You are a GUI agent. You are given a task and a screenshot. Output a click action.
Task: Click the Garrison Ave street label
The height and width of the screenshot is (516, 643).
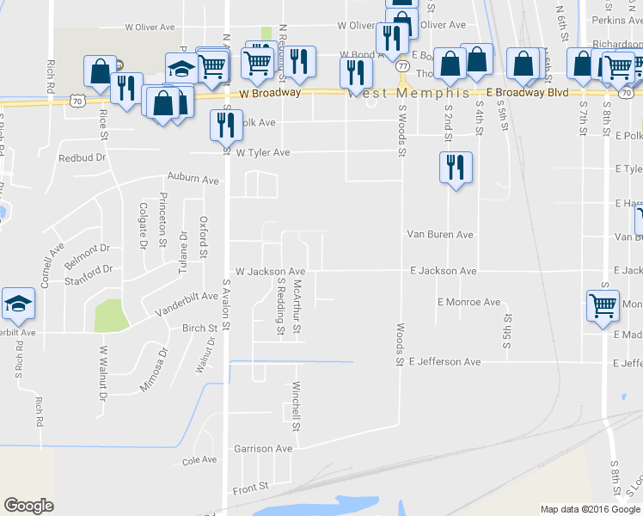(263, 449)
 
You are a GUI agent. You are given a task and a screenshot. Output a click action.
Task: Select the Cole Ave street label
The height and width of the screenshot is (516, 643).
(199, 460)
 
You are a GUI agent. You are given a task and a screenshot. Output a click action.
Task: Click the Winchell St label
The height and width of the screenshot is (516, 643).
(296, 406)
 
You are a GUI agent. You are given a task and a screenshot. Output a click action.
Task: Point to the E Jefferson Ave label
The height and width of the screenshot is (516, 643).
(444, 362)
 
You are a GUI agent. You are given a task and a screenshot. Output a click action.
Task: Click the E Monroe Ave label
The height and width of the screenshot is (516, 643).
(468, 303)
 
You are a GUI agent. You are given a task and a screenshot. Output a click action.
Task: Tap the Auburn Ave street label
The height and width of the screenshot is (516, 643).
(193, 181)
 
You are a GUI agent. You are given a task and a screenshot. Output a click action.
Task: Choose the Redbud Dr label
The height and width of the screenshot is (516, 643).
(82, 158)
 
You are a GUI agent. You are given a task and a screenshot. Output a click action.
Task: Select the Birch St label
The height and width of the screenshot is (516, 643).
(199, 329)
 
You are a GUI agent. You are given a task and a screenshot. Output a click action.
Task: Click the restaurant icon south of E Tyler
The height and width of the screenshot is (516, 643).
(455, 168)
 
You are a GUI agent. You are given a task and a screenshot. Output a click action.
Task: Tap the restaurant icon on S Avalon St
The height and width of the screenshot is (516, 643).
(224, 124)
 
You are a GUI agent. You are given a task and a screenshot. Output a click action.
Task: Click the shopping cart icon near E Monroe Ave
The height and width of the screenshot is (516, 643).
(603, 305)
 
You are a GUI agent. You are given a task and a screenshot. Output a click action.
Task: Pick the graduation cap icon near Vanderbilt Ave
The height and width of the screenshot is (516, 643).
(17, 302)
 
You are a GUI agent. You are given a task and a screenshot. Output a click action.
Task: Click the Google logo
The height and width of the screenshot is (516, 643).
(28, 506)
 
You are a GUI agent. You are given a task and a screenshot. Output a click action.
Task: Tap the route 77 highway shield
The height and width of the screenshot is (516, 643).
(402, 66)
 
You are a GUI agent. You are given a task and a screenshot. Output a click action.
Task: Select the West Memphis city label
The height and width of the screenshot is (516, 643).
(408, 93)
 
